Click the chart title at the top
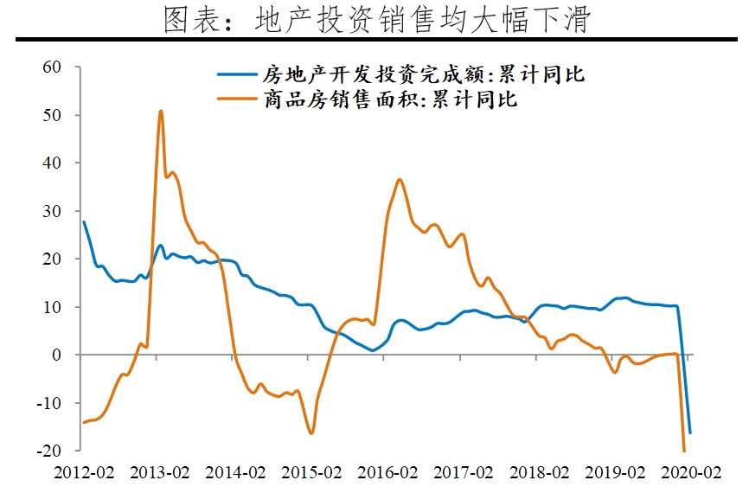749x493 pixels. click(x=375, y=18)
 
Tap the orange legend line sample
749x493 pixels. click(x=237, y=99)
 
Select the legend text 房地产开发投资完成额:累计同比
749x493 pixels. click(x=423, y=74)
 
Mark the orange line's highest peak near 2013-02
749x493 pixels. click(x=160, y=111)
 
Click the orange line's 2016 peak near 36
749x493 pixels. click(x=399, y=179)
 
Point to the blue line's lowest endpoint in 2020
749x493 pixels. click(x=690, y=433)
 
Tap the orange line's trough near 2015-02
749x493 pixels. click(x=311, y=432)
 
